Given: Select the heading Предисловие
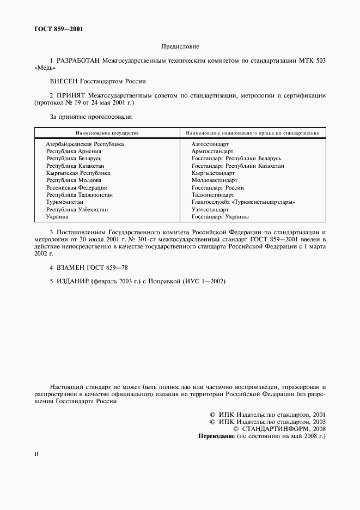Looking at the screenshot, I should [x=180, y=47].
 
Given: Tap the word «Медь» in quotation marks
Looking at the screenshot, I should [x=45, y=70].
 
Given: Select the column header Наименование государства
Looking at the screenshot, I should [x=107, y=132].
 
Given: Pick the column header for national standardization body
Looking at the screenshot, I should [x=252, y=132].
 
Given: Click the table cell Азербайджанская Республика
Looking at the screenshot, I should [x=85, y=144].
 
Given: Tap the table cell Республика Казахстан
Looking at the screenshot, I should [x=76, y=166].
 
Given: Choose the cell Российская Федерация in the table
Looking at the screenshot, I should [x=76, y=187].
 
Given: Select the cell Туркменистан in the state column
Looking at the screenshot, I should [x=65, y=202].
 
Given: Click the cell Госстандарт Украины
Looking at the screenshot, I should [x=220, y=216].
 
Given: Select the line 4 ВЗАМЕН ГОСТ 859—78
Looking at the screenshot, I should [x=89, y=268].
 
